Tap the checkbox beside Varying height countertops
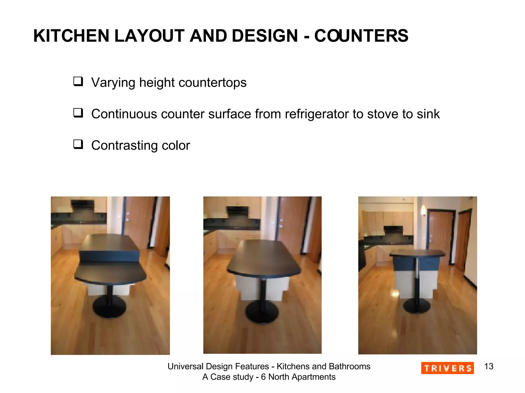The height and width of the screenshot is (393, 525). [x=78, y=81]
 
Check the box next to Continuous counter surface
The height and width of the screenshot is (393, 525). [x=78, y=113]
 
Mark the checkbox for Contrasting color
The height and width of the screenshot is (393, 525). [x=78, y=144]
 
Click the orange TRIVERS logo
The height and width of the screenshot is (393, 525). [x=447, y=368]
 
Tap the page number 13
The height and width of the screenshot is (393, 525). [x=489, y=366]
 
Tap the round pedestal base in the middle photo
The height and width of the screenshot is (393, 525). [x=262, y=311]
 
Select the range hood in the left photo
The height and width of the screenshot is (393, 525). [x=83, y=205]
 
